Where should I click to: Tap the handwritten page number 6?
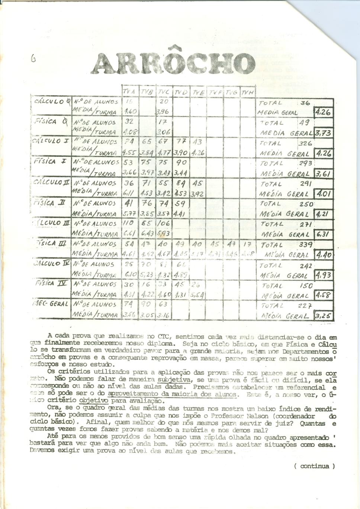pyautogui.click(x=33, y=58)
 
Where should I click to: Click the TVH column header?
pyautogui.click(x=247, y=92)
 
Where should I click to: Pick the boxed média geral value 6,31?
pyautogui.click(x=324, y=235)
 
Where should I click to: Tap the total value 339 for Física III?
pyautogui.click(x=306, y=245)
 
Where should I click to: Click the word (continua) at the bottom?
pyautogui.click(x=314, y=466)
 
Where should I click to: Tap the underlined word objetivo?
pyautogui.click(x=94, y=401)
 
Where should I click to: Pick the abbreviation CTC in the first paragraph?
pyautogui.click(x=164, y=337)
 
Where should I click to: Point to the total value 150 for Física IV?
pyautogui.click(x=306, y=286)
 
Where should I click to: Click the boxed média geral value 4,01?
pyautogui.click(x=324, y=194)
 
